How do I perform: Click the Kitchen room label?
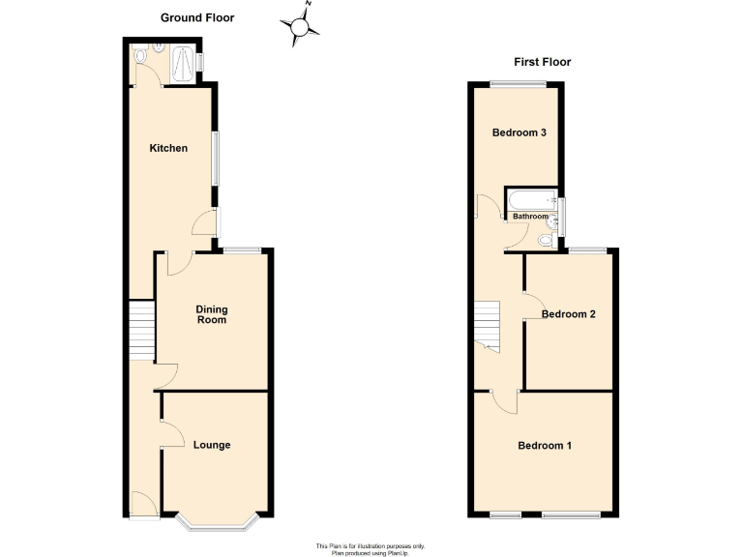coord(167,148)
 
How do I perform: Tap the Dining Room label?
coord(211,314)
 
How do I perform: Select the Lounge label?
coord(211,445)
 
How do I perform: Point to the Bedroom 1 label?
coord(545,446)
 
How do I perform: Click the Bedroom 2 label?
coord(568,314)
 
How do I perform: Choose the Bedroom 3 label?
coord(520,132)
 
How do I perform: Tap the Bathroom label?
coord(529,217)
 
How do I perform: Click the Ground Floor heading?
coord(197,17)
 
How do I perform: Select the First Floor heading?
coord(542,62)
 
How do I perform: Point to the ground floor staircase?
coord(142,329)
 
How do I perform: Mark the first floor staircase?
coord(487,323)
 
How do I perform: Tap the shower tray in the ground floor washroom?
coord(181,65)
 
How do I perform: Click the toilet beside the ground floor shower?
coord(142,56)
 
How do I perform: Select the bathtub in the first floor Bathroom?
coord(529,200)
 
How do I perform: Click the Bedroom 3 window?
coord(512,83)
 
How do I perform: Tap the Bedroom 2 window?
coord(587,249)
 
